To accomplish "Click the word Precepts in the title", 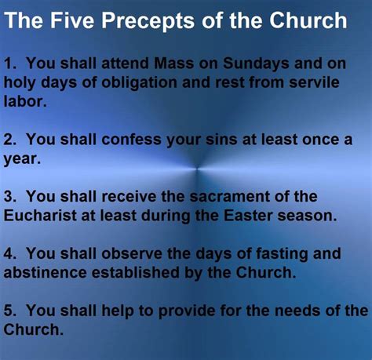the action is tap(148, 21).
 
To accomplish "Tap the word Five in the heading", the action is tap(72, 20).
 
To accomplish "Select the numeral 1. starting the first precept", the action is tap(10, 64).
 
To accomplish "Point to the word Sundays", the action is tap(256, 64).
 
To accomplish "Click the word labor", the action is tap(25, 101).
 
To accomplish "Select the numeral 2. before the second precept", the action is tap(10, 140).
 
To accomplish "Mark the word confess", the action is tap(131, 140).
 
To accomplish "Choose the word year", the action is tap(22, 159).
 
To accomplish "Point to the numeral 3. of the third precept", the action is tap(10, 196).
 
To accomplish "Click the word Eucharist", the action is tap(40, 216).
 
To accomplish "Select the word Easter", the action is tap(248, 216).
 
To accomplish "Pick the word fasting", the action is tap(282, 254).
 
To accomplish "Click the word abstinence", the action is tap(45, 272).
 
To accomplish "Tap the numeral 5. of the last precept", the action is tap(10, 311).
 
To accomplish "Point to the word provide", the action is tap(187, 311).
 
